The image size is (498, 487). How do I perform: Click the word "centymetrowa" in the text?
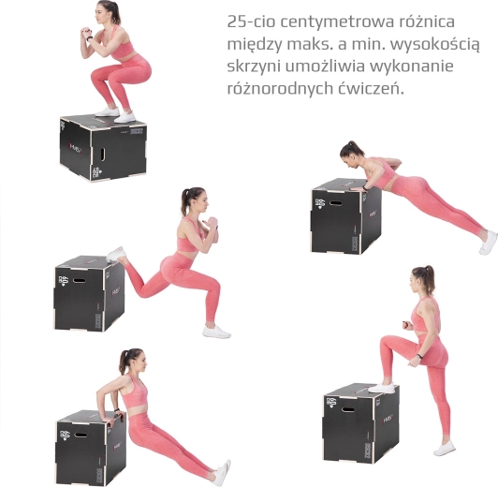337,22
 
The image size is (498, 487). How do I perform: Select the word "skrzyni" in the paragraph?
254,66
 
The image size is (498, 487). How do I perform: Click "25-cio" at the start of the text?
251,22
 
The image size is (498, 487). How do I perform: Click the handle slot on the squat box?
103,154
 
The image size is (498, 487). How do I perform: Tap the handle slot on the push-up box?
335,202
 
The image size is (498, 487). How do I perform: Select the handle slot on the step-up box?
348,408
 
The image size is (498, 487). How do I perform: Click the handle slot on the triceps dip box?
81,435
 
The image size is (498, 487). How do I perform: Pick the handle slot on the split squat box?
79,281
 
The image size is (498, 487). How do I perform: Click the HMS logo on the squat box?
75,146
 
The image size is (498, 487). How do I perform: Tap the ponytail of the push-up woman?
350,148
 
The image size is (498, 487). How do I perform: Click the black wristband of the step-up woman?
419,357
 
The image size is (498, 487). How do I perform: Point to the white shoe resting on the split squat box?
115,254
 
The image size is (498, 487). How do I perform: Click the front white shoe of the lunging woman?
216,332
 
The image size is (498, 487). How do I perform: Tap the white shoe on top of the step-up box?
381,388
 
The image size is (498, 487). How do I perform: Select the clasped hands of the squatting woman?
85,33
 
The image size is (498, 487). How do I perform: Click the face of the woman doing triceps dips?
141,361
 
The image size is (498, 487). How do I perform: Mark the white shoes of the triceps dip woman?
223,473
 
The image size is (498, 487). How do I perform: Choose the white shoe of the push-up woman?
489,243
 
